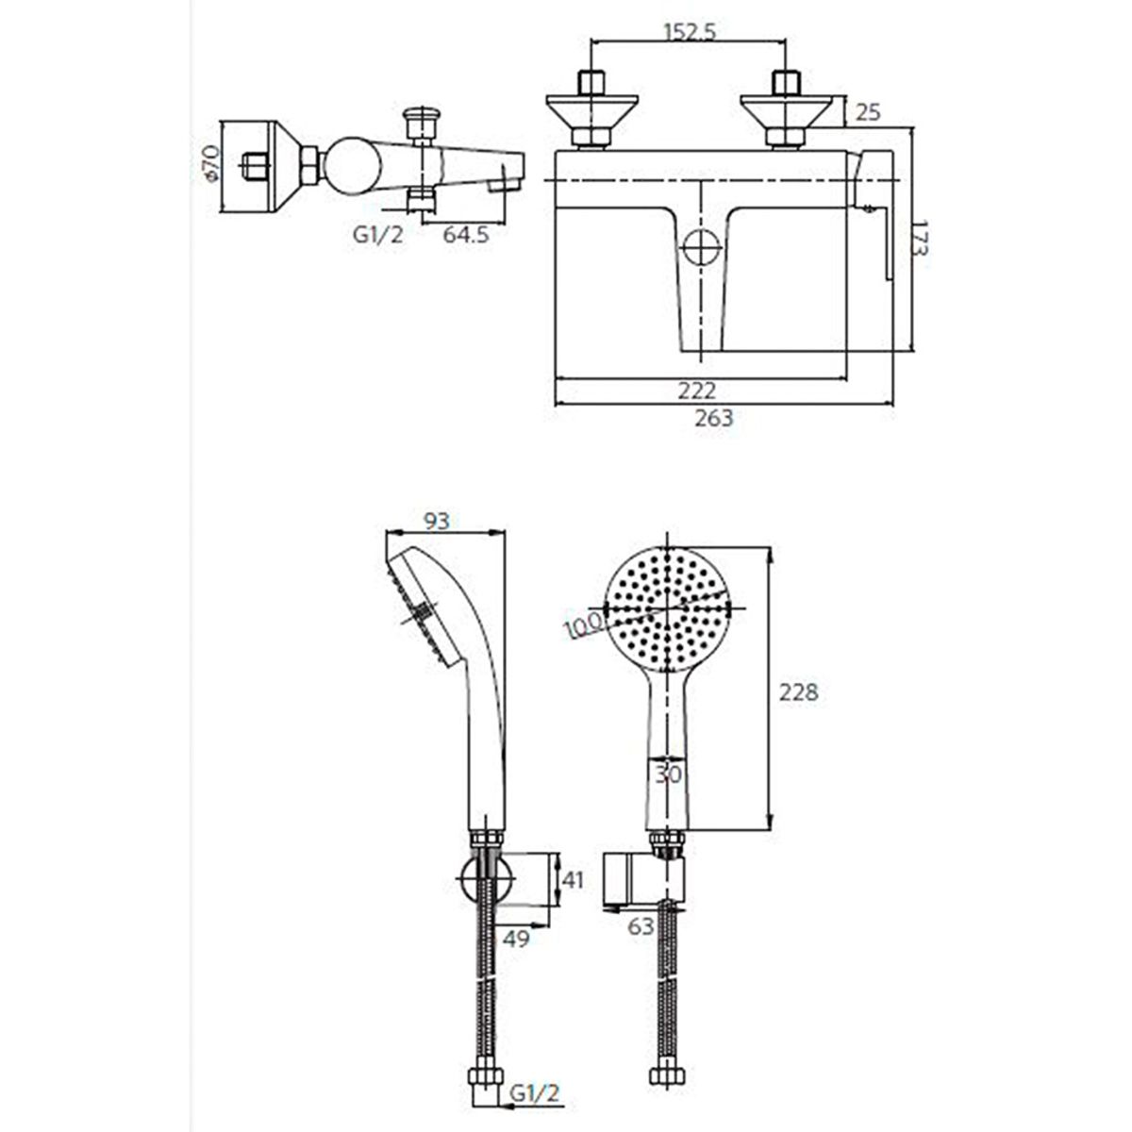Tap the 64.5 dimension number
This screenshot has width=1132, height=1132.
[x=465, y=235]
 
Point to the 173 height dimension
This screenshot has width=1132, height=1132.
[x=921, y=238]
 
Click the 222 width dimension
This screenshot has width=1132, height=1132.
[x=697, y=391]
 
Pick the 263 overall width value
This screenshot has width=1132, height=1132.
[x=714, y=418]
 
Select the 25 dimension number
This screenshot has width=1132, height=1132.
[x=868, y=112]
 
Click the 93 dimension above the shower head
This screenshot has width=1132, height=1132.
[x=437, y=521]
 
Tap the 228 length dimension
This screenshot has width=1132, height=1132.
[x=798, y=692]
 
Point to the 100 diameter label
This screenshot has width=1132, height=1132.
[x=583, y=625]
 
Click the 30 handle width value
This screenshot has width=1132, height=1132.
[x=669, y=774]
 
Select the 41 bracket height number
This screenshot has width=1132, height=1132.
[x=574, y=880]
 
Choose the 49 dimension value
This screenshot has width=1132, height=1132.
[x=517, y=938]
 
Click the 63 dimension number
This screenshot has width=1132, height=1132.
[x=641, y=926]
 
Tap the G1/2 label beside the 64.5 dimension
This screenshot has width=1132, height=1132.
[x=378, y=235]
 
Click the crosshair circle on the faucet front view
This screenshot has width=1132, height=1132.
[x=702, y=247]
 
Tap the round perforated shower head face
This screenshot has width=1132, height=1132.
[x=668, y=608]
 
